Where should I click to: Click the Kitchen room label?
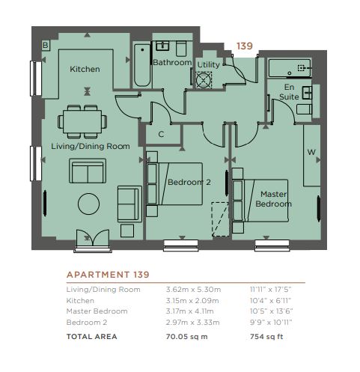coord(85,69)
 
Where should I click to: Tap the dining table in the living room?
coord(82,121)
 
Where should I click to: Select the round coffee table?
coord(88,204)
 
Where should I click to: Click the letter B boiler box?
coord(46,45)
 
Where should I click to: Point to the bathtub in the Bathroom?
coord(142,65)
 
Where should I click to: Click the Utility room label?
coord(208,64)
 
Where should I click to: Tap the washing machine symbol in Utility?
coord(204,80)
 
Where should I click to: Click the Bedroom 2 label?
coord(189,182)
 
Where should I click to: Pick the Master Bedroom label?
coord(273,199)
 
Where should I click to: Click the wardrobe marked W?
coord(311,155)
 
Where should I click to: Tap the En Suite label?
coord(289,92)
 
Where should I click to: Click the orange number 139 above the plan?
coord(245,46)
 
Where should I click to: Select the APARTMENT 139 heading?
coord(108,275)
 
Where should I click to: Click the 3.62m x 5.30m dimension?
coord(193,290)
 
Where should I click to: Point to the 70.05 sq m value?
coord(186,337)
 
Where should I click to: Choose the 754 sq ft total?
coord(266,337)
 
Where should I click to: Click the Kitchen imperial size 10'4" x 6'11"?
coord(270,301)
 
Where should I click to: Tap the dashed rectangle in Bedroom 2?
coord(220,219)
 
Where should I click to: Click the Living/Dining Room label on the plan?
coord(91,146)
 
